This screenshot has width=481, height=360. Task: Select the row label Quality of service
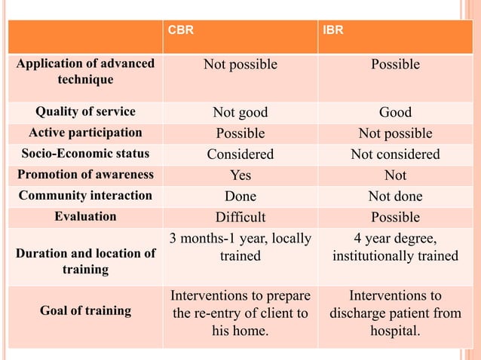tap(85, 112)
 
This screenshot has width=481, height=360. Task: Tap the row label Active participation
tap(85, 133)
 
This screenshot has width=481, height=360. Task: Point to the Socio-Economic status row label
tap(85, 154)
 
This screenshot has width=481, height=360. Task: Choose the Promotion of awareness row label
tap(85, 175)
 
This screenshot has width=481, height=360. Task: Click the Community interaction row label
tap(85, 196)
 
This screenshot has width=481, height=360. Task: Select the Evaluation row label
tap(85, 217)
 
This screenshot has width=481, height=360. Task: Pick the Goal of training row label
tap(85, 310)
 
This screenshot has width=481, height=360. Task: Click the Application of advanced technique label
tap(85, 72)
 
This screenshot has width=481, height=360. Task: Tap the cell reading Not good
tap(240, 112)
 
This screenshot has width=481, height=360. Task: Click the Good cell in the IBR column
tap(395, 112)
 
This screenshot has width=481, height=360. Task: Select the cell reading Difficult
tap(240, 218)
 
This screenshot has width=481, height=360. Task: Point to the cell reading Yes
tap(240, 175)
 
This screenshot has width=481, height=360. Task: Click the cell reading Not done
tap(395, 197)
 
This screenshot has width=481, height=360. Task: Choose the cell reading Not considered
tap(395, 154)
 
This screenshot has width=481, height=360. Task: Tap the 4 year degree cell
tap(395, 248)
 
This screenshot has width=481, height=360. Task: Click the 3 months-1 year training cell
tap(240, 248)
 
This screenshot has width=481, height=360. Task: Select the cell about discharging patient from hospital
tap(395, 313)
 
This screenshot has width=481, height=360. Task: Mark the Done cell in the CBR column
tap(240, 197)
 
